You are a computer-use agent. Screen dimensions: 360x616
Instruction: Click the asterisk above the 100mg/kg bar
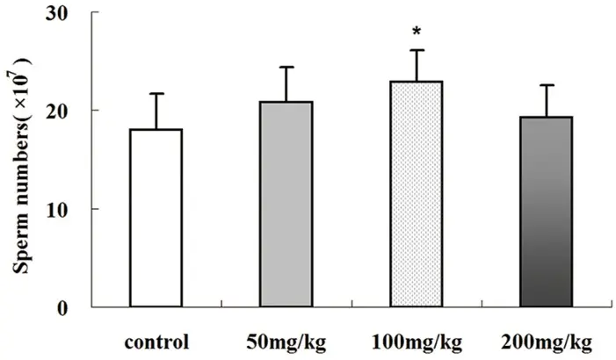(416, 33)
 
